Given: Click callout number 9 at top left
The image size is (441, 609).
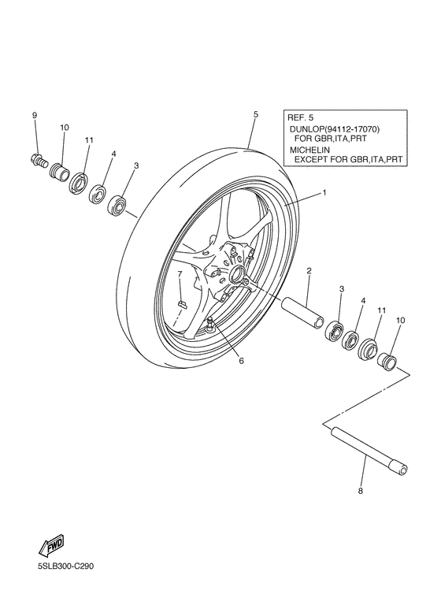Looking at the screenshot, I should click(x=35, y=116).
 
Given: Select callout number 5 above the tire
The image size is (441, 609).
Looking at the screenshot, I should click(x=256, y=114).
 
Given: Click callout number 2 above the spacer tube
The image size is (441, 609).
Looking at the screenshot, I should click(x=309, y=270).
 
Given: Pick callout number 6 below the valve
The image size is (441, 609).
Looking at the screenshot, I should click(x=242, y=361).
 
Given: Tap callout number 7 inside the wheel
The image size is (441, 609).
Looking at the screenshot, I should click(x=179, y=274).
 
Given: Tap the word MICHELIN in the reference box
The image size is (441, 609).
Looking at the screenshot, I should click(x=309, y=148).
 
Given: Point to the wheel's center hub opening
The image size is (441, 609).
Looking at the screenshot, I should click(x=235, y=273).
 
